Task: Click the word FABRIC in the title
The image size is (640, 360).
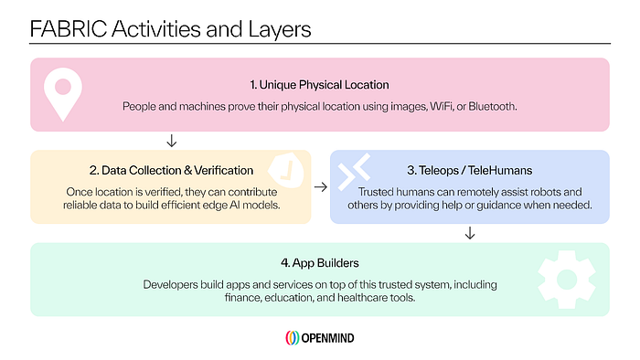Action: pos(69,29)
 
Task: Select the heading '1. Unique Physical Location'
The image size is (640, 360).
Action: pos(320,85)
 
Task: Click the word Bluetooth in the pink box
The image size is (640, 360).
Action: pos(492,106)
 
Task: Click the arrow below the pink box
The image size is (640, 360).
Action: pos(172,141)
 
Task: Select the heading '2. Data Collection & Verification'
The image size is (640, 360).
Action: pos(172,170)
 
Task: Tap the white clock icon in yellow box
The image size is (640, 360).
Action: pos(286,171)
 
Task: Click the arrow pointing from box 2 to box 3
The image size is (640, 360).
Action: pos(321,187)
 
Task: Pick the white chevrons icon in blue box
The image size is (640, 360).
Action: pos(354,172)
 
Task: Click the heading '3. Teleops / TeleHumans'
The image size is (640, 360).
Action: pos(469,170)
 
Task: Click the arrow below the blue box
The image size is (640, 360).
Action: pos(470,233)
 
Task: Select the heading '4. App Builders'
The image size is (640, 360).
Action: pos(320,263)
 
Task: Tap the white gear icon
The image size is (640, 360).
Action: pos(567,280)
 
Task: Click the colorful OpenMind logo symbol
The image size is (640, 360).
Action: pos(293,338)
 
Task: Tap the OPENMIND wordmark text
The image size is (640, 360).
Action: pos(327,338)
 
